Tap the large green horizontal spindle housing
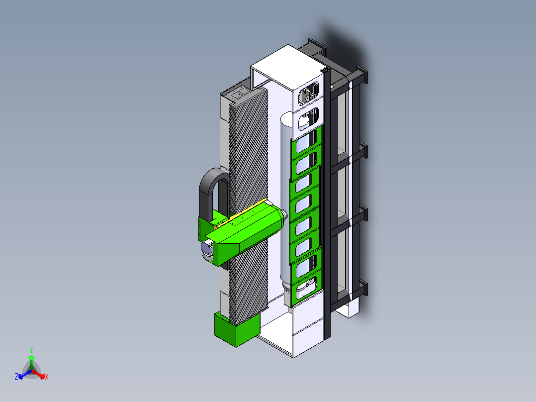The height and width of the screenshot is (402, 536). [x=246, y=233]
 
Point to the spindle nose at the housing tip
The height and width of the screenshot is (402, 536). [x=284, y=215]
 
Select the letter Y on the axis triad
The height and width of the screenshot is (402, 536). [x=31, y=350]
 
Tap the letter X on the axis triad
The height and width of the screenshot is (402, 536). [x=47, y=377]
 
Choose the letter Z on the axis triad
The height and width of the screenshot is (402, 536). [x=16, y=376]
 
